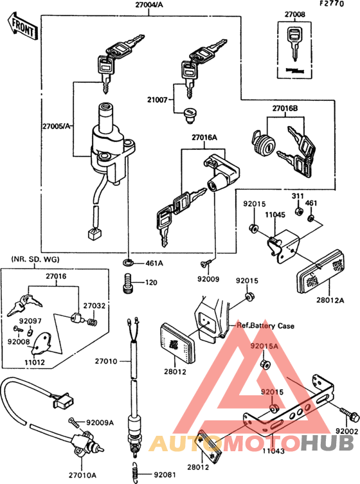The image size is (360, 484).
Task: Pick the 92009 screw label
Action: pyautogui.click(x=209, y=280)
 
